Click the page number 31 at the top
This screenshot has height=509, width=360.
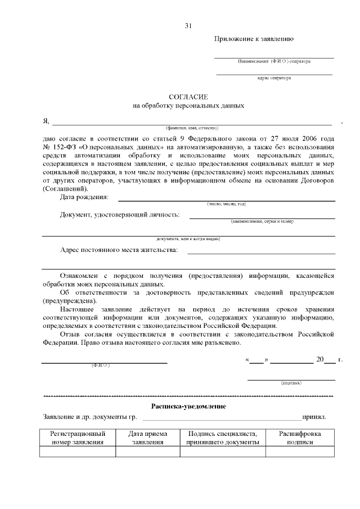click(x=188, y=26)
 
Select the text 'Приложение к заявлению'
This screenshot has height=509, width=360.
click(x=253, y=39)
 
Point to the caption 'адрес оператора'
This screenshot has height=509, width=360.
click(x=274, y=78)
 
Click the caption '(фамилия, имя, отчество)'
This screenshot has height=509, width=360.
click(x=188, y=128)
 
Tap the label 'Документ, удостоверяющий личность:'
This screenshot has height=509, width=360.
click(x=120, y=214)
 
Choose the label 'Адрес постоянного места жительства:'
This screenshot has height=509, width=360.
click(x=119, y=250)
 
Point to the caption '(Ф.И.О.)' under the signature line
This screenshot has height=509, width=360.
click(x=101, y=366)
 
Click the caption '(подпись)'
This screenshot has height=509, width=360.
click(x=291, y=383)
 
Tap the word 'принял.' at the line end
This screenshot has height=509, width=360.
click(x=314, y=417)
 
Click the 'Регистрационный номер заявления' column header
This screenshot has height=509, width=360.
click(x=78, y=438)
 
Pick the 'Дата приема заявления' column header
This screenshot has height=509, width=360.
click(x=147, y=438)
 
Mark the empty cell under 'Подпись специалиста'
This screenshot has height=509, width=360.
click(x=222, y=452)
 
